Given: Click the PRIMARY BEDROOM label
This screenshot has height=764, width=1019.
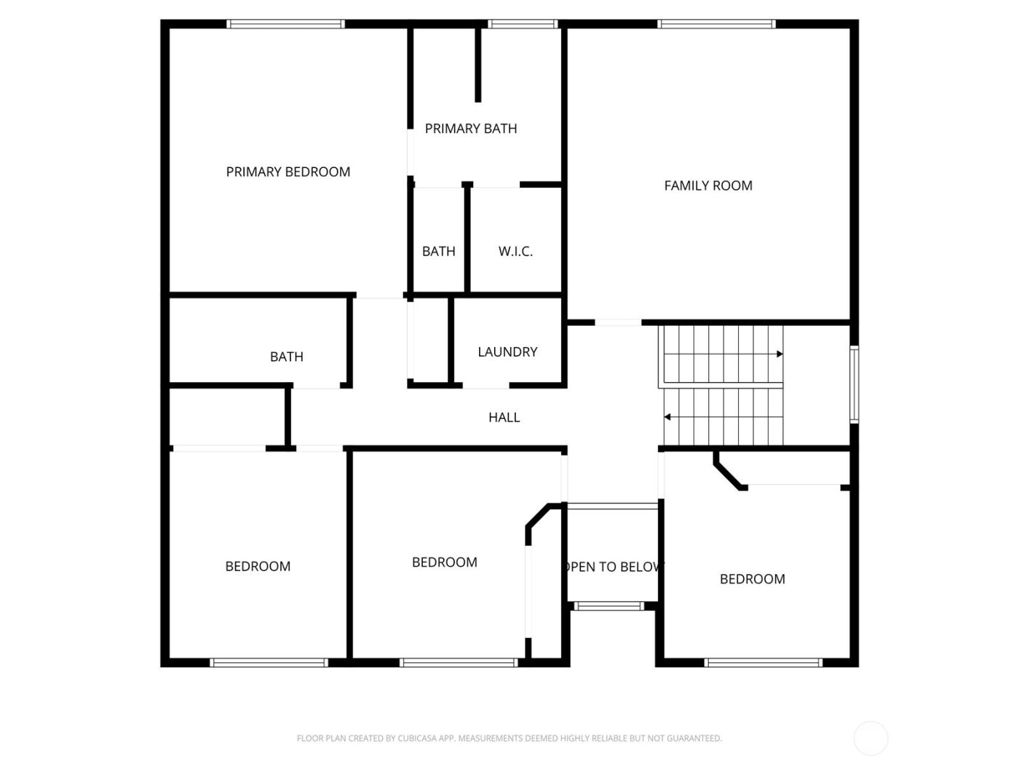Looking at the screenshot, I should pos(288,172).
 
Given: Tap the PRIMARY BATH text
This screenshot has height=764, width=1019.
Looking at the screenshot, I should pos(471,129).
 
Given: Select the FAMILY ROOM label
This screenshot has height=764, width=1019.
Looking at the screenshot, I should pos(707,186).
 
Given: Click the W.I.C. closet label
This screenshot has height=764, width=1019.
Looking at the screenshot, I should pos(515,252).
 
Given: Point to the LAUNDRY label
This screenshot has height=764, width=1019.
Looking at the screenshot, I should pos(507,352).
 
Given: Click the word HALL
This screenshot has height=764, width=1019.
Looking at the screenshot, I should pos(504,418).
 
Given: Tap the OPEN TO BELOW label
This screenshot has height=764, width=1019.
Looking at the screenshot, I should pos(612,567).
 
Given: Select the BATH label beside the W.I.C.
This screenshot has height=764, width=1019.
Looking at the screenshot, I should pos(438,252).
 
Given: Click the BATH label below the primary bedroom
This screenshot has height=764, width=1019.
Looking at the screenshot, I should pos(286,357).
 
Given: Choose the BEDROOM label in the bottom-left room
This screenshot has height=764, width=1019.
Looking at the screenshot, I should pos(258,567).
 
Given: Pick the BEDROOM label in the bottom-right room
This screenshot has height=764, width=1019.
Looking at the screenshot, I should pos(752,579).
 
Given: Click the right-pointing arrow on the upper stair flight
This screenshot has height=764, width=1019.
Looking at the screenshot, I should pos(779,354).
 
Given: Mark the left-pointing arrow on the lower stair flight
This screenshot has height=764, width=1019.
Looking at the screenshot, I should pos(667,418).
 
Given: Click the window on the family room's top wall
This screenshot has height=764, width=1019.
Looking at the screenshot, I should pos(716,24).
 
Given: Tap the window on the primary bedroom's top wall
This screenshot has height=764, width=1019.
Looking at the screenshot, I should pos(285,24).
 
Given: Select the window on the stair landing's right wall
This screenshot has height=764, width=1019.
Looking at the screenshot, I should pos(855,384).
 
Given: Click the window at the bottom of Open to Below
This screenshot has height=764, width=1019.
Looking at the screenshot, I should pos(609,605).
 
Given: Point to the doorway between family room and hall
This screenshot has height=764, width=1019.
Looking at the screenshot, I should pos(618,322).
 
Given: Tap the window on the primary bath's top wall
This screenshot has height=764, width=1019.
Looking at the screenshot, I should pos(523,24).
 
